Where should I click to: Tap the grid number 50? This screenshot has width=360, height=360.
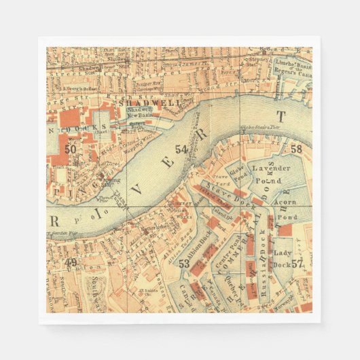[x=70, y=148]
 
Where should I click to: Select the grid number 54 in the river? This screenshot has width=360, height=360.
[x=181, y=149]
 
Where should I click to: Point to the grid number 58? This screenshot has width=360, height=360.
[x=296, y=149]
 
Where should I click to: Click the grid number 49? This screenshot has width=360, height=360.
[x=70, y=262]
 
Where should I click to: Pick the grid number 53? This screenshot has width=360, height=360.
[x=183, y=264]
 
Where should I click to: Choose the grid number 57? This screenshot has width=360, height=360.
[x=297, y=264]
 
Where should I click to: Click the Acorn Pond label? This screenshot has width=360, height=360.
[x=284, y=206]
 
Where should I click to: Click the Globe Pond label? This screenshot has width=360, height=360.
[x=235, y=175]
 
